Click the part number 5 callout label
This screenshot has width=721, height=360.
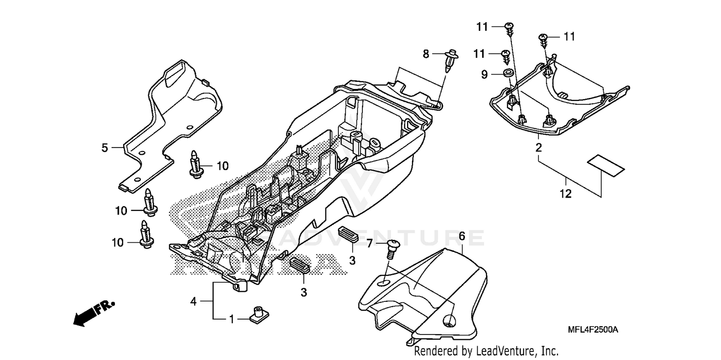(105, 148)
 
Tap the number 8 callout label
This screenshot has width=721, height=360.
(426, 54)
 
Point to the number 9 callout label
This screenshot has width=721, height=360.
(485, 74)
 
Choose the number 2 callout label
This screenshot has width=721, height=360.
(539, 147)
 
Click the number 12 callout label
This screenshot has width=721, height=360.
(566, 194)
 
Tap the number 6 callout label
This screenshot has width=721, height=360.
(461, 236)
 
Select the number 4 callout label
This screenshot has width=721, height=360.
(193, 301)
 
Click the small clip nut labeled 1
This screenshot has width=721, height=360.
(259, 314)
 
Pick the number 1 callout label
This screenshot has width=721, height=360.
(231, 318)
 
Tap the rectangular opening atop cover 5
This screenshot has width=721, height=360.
(175, 75)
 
